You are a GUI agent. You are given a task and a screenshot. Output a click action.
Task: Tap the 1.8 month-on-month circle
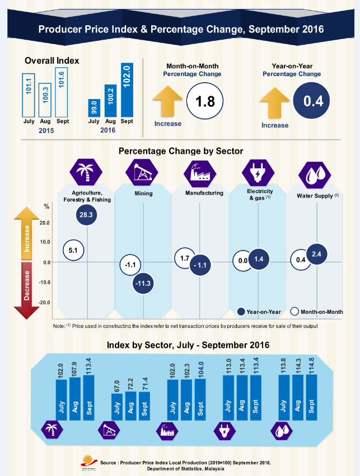(x=205, y=102)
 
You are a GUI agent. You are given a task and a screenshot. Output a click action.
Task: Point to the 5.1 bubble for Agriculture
(x=73, y=251)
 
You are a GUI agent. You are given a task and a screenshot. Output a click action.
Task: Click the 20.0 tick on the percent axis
(x=44, y=223)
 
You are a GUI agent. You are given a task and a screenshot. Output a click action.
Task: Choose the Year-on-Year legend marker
(x=241, y=312)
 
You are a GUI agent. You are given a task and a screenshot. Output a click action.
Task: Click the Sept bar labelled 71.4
(x=144, y=407)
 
